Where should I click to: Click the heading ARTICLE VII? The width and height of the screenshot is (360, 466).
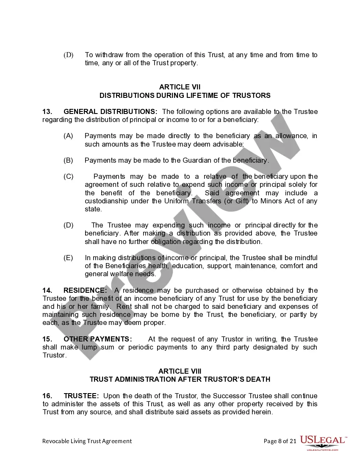pos(180,87)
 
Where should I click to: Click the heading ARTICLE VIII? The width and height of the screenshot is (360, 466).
pos(180,371)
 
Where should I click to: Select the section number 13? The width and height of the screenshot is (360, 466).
pos(47,111)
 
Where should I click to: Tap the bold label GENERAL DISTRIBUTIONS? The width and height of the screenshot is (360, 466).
pos(110,111)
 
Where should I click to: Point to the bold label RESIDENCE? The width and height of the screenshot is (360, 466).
pos(85,290)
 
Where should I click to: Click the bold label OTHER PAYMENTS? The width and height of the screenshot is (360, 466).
pos(97,339)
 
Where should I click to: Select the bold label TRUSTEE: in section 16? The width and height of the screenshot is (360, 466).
pos(81,396)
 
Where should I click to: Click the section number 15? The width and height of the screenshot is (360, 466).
pos(47,339)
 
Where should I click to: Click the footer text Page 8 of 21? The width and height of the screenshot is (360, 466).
pos(280,441)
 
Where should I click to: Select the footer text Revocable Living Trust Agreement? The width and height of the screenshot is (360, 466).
pos(87,441)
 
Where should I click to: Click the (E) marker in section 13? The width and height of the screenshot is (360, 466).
pos(68,258)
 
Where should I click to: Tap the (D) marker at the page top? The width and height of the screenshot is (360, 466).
pos(69,55)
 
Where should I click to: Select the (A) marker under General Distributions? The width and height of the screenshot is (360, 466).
pos(68,136)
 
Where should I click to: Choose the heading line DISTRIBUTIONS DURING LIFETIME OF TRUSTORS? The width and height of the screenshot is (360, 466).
pos(185,95)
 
